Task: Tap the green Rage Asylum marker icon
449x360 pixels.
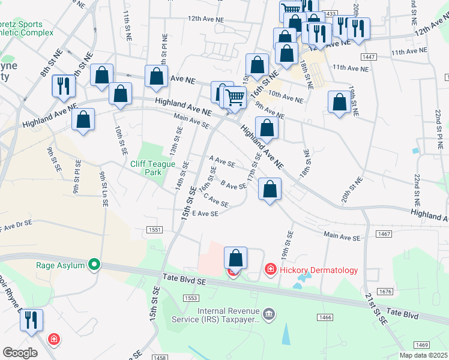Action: (x=94, y=263)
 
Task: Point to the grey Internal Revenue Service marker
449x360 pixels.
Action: (x=269, y=314)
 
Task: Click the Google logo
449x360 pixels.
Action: (x=20, y=353)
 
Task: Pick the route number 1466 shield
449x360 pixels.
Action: (x=326, y=317)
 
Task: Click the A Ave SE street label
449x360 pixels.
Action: (x=221, y=161)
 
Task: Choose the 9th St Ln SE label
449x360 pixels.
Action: (x=104, y=190)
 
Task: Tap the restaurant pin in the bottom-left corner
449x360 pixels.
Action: (x=31, y=320)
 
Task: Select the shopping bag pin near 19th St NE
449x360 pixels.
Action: (x=339, y=101)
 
